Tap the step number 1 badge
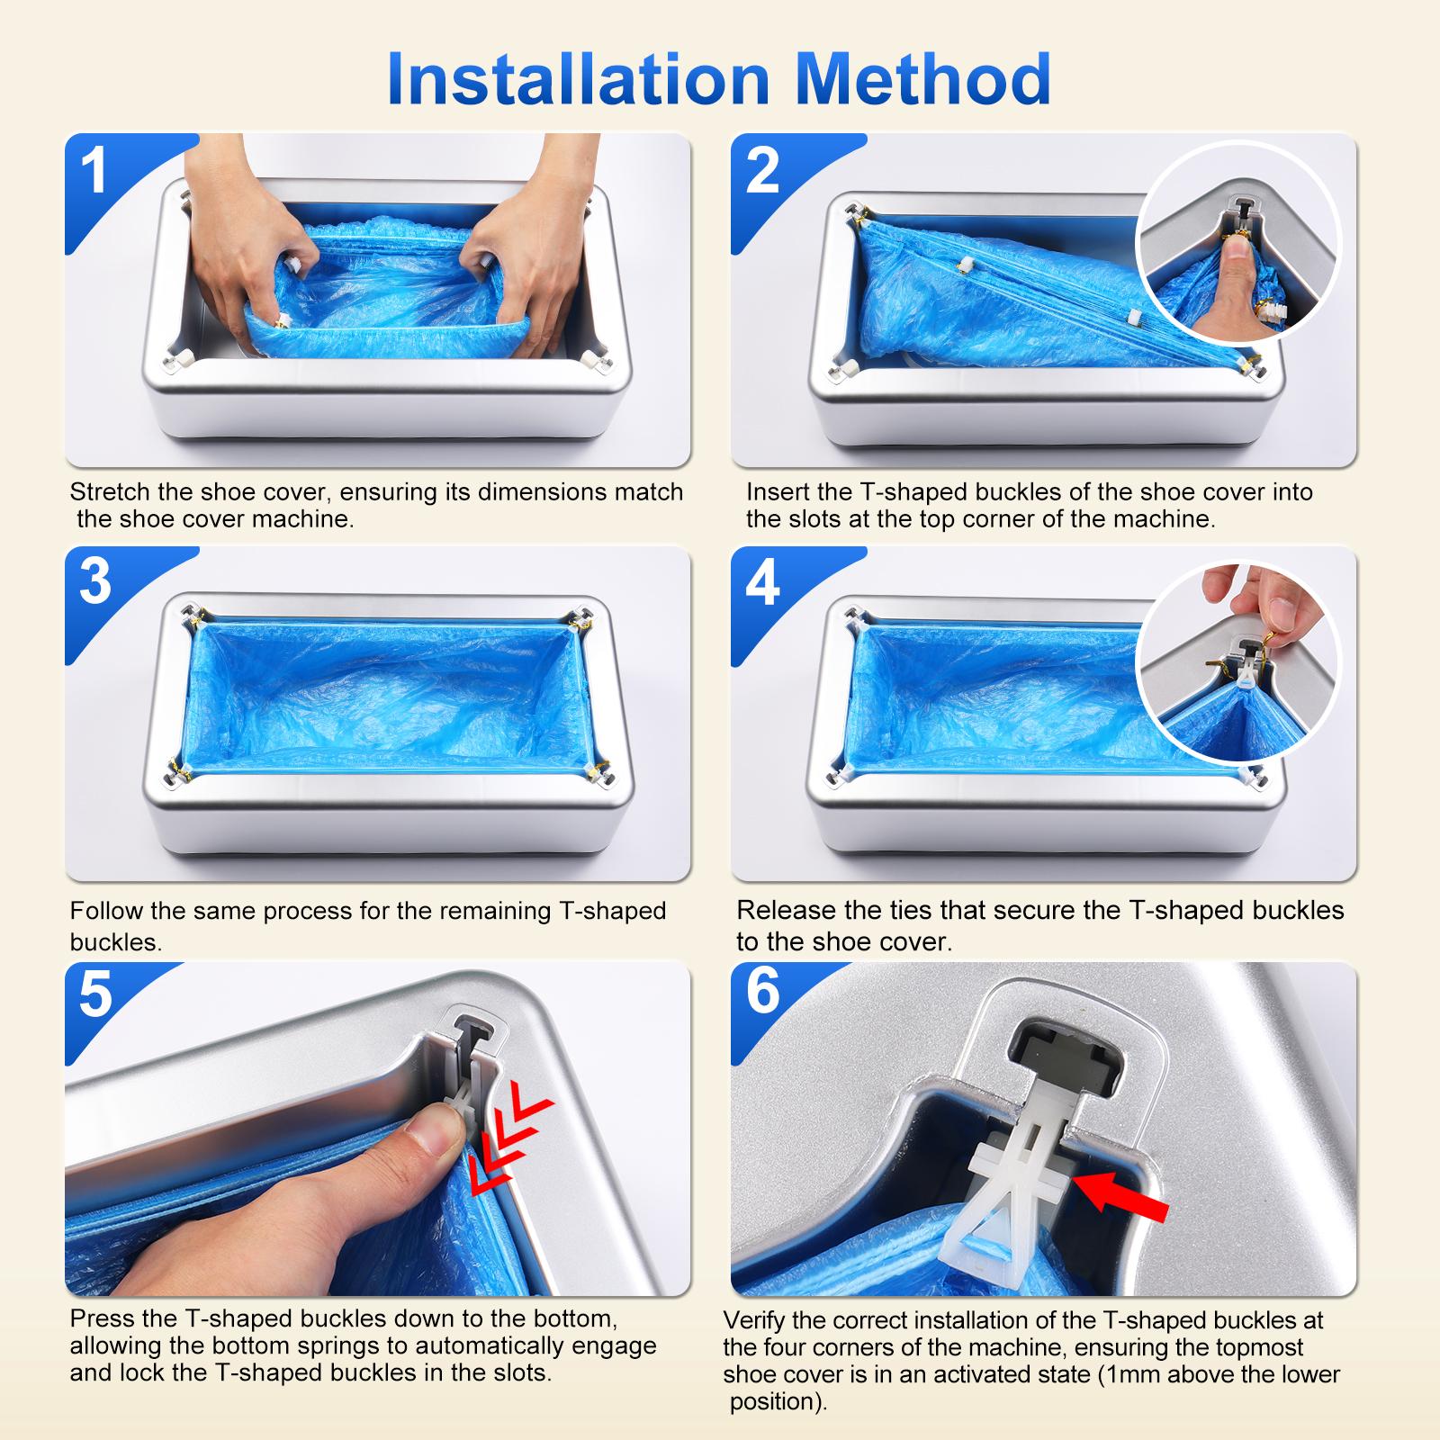tap(94, 171)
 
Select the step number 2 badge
tap(762, 171)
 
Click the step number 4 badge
tap(762, 582)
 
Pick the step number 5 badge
tap(94, 994)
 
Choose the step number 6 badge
tap(762, 993)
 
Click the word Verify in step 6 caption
tap(757, 1320)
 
